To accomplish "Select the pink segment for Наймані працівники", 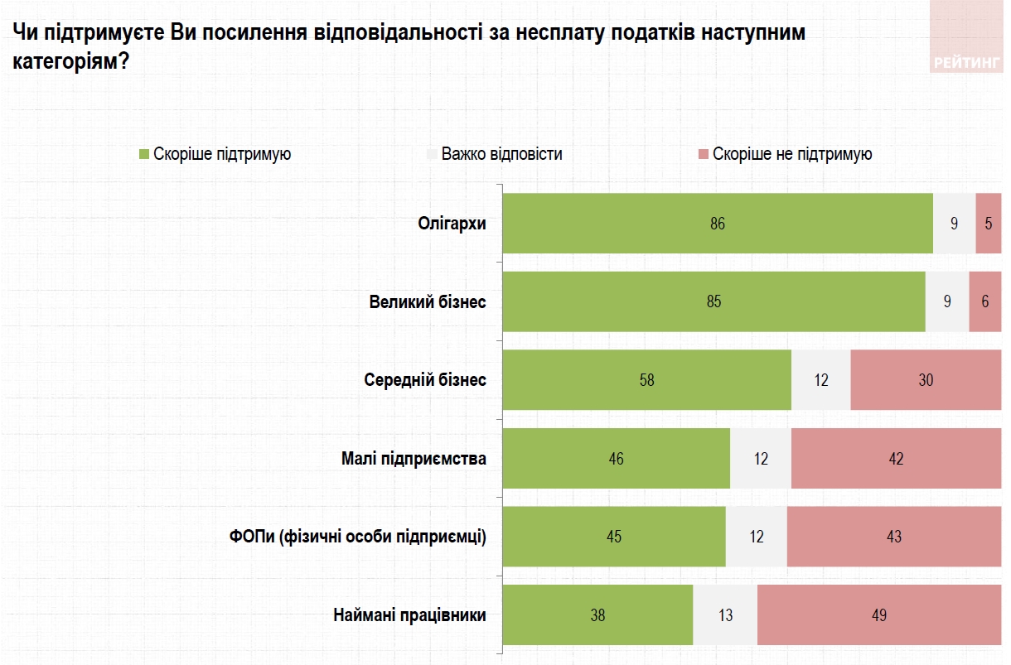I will click(x=879, y=615).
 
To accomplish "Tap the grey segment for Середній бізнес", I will click(x=820, y=380).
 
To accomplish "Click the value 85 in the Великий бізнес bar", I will click(x=714, y=302).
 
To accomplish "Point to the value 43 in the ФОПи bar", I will click(x=893, y=537).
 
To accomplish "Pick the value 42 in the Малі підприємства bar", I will click(x=896, y=459).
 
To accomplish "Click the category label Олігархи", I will click(x=452, y=224).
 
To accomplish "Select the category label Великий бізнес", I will click(x=428, y=302).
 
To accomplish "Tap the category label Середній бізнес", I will click(x=425, y=380).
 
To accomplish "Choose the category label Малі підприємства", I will click(x=414, y=459).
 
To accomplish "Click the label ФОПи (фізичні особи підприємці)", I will click(x=358, y=537).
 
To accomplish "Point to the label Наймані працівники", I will click(x=409, y=615).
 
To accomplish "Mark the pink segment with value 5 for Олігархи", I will click(x=988, y=224).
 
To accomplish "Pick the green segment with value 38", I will click(x=597, y=615).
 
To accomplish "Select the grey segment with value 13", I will click(x=724, y=615).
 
